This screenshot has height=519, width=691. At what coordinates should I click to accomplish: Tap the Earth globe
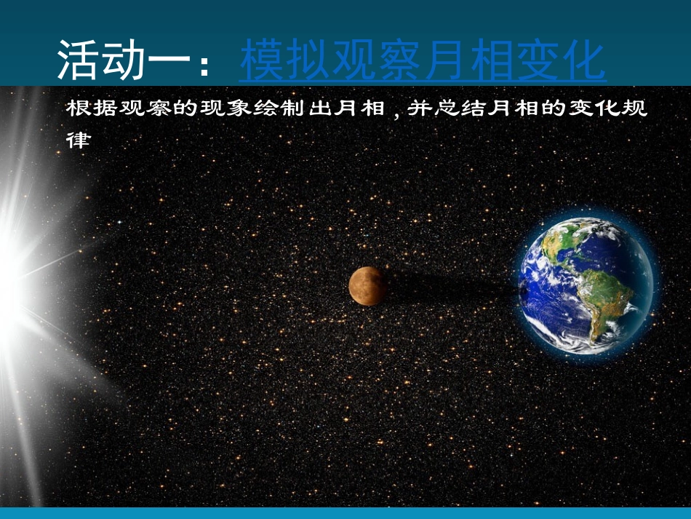point(587,285)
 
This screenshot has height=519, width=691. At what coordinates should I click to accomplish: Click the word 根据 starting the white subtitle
point(89,108)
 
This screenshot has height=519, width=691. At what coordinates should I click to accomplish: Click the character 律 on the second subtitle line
point(77,140)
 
